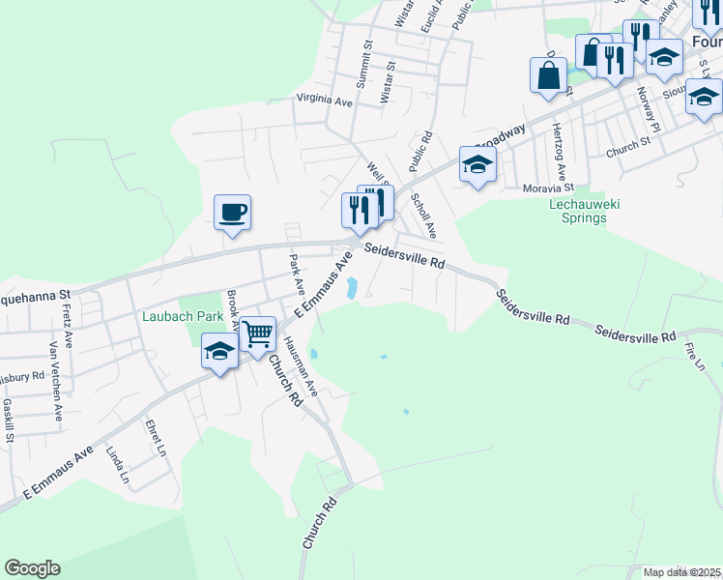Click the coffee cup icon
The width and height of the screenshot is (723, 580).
[232, 213]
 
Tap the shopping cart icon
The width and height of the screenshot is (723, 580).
[258, 334]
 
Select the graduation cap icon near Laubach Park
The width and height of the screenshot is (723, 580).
[219, 351]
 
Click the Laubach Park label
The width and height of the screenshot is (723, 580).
[183, 315]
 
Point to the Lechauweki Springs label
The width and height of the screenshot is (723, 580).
[591, 211]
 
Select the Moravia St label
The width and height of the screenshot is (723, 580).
[548, 188]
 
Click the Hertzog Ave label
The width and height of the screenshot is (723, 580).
[558, 147]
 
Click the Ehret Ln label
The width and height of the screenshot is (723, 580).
[156, 437]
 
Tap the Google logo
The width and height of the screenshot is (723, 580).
[32, 568]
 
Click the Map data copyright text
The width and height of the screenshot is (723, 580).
[682, 572]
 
